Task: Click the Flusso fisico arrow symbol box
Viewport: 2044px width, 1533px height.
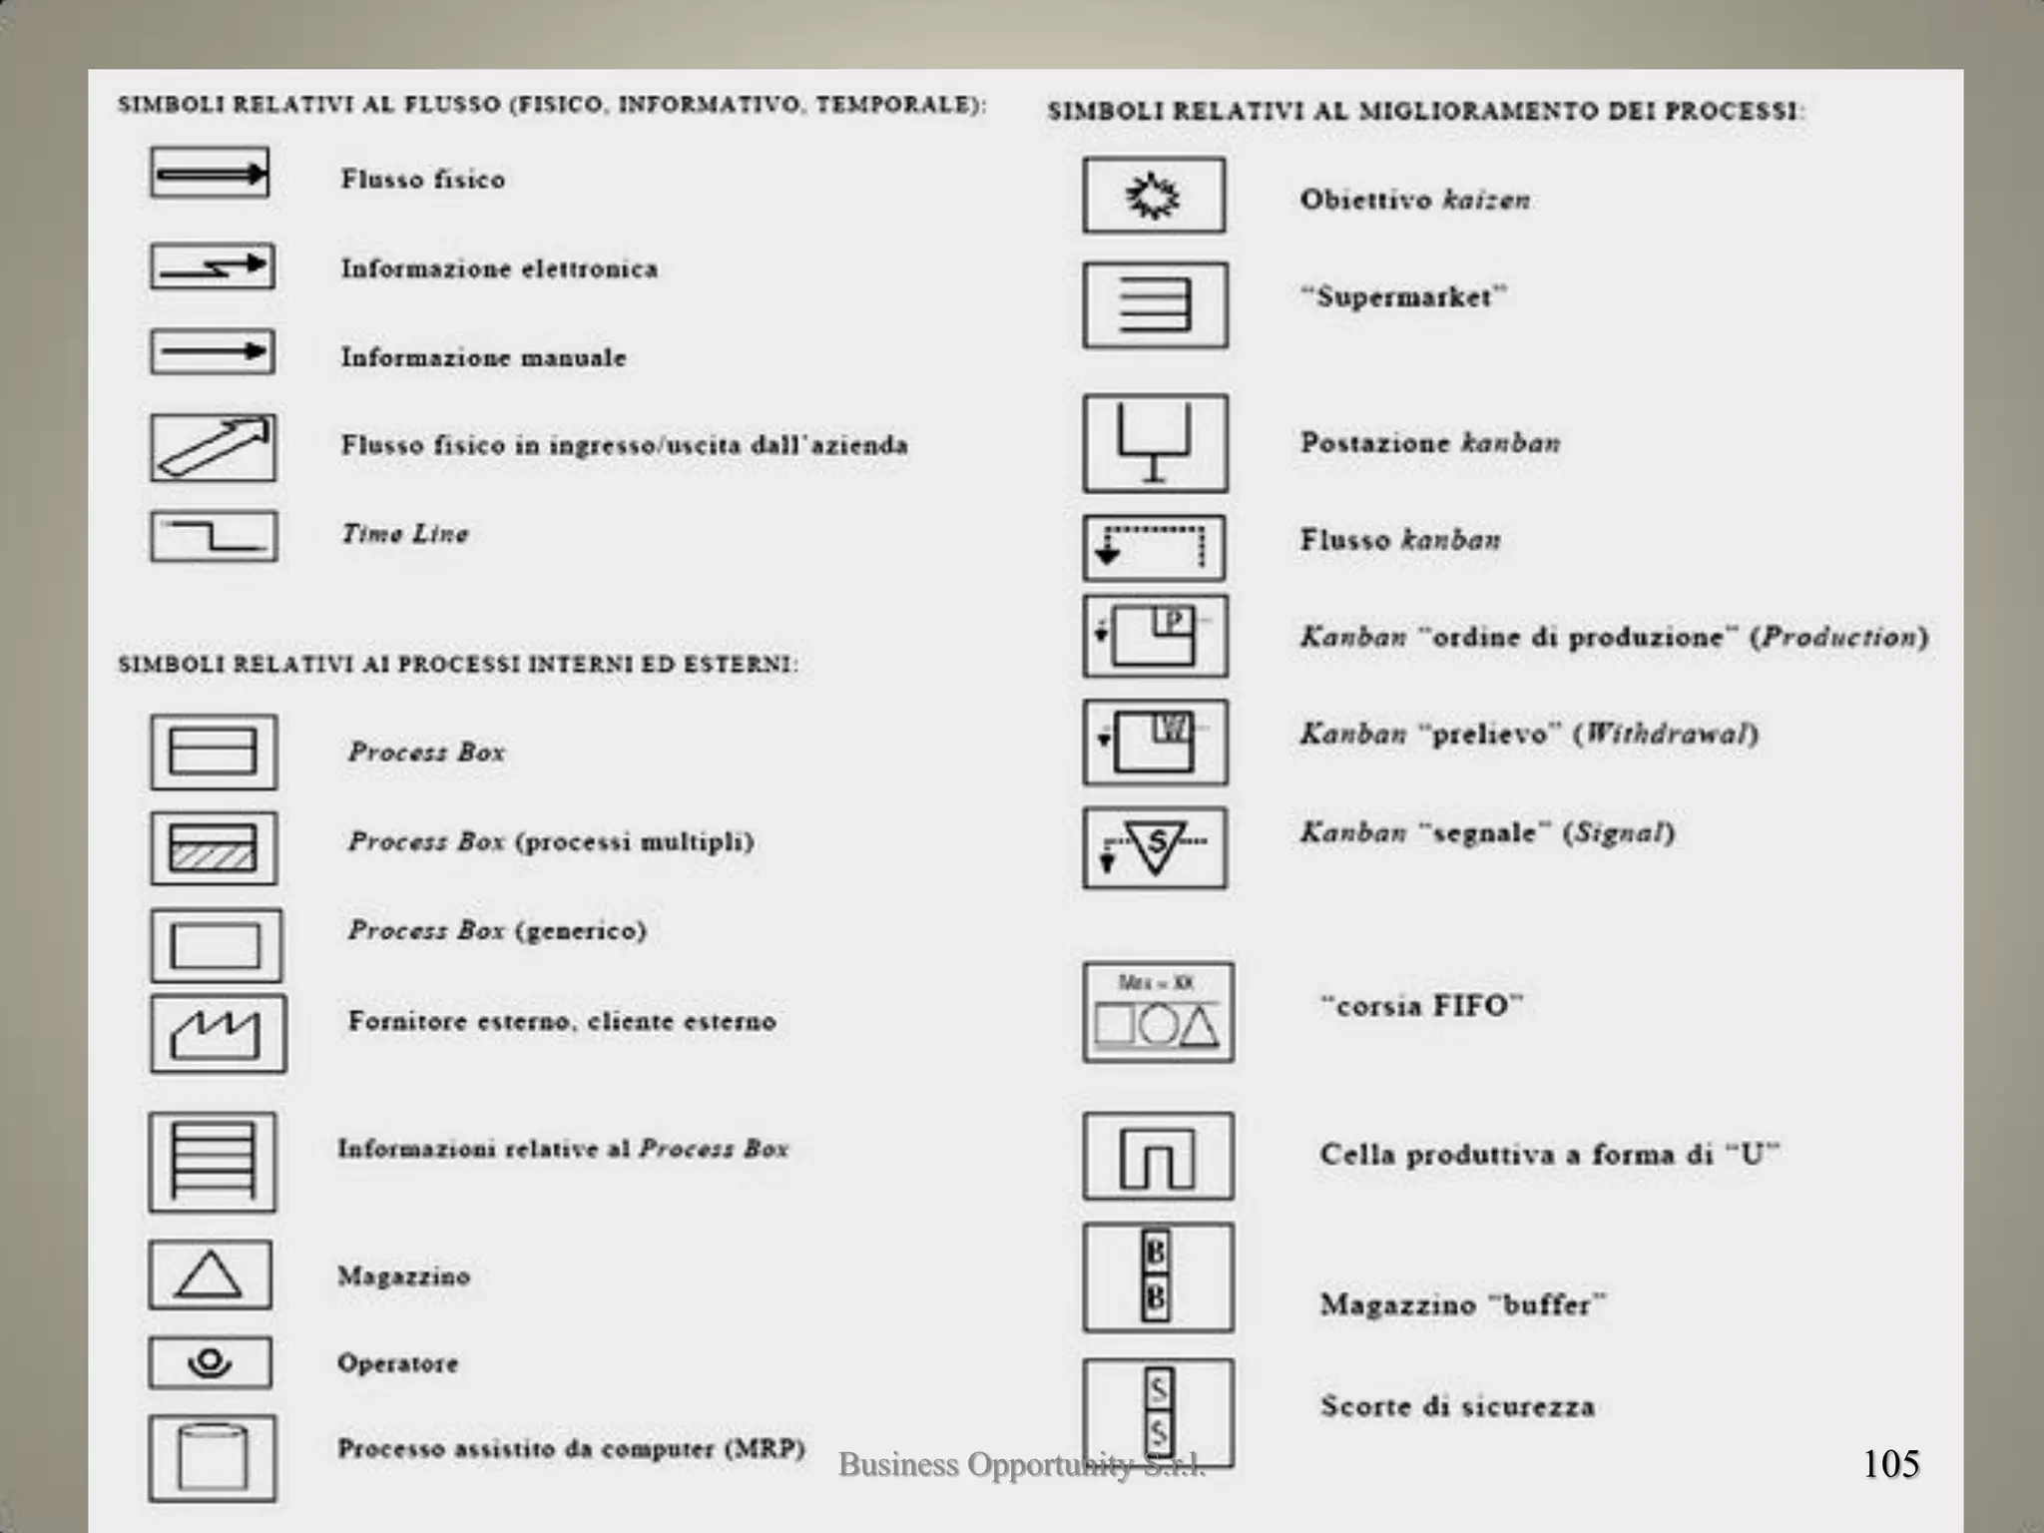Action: click(210, 174)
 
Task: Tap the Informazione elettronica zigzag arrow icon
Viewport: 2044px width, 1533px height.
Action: click(213, 266)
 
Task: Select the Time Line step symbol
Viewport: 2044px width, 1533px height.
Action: click(214, 537)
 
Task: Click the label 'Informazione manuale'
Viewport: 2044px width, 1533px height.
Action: click(484, 357)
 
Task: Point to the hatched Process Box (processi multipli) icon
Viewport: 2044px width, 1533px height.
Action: click(214, 847)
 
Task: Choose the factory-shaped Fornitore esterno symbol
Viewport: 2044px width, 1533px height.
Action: click(218, 1034)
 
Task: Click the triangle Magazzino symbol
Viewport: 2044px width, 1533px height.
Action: click(210, 1275)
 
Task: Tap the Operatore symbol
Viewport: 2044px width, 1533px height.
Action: click(210, 1362)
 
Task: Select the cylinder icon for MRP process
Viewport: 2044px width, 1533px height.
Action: click(212, 1457)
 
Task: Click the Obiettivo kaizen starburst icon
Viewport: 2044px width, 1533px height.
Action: click(1154, 196)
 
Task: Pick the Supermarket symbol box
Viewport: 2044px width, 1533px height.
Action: click(1155, 305)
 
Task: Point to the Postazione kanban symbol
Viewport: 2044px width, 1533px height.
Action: click(1155, 443)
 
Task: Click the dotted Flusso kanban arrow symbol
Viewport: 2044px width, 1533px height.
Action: click(1154, 548)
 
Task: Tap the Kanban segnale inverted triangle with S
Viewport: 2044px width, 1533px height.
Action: click(1155, 847)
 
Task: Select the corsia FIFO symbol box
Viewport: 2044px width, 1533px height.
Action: click(1158, 1012)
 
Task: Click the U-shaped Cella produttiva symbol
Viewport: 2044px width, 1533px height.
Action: click(1158, 1157)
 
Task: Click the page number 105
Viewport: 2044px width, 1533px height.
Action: click(1890, 1464)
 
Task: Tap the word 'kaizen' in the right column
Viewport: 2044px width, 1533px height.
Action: click(1486, 200)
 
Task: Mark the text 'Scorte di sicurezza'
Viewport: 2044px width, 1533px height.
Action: click(1457, 1406)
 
